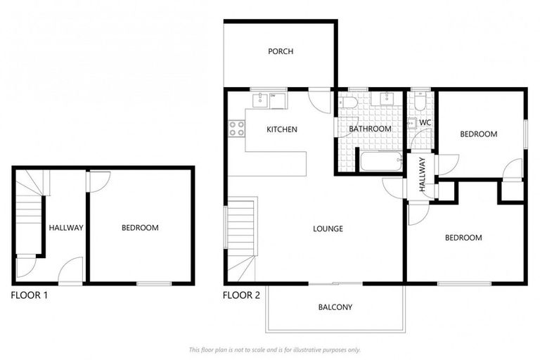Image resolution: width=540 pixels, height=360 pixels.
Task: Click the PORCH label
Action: point(280,51)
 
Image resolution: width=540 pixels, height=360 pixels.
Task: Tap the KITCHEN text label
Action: point(281,129)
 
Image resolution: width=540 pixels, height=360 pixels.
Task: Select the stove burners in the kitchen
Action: point(236,129)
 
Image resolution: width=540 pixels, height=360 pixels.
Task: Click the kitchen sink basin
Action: point(261,99)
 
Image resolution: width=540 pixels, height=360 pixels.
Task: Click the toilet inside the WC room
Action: point(419,103)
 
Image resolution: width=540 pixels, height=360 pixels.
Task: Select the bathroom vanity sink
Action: point(386,99)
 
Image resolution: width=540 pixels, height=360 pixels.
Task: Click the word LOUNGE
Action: point(328,229)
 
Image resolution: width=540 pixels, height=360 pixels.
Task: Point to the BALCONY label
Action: point(335,307)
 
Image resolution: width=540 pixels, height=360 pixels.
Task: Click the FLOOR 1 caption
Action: point(29,295)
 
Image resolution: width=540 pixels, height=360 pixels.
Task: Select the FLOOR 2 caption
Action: point(241,295)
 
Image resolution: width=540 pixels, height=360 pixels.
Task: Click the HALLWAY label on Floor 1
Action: point(66,228)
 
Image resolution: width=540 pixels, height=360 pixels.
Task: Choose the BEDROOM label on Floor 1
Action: point(140,228)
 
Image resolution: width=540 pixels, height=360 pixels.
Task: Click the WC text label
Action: point(425,123)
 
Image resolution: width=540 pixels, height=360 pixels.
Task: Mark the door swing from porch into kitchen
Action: point(320,101)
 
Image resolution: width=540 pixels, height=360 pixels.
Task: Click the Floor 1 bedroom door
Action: point(97,180)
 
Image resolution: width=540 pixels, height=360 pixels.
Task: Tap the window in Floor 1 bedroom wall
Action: point(154,283)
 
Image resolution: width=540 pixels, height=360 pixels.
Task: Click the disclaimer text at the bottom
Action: point(274,349)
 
